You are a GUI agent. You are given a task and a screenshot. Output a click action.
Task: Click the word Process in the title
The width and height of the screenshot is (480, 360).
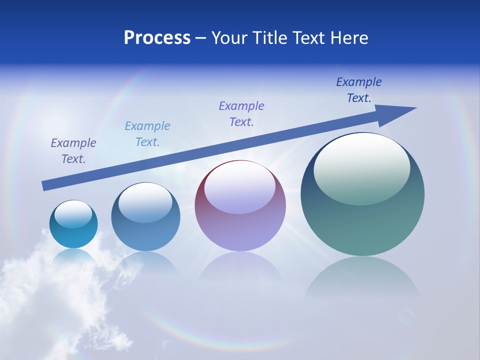(x=157, y=38)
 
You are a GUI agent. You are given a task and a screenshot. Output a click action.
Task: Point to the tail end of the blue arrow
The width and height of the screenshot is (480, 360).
(x=44, y=186)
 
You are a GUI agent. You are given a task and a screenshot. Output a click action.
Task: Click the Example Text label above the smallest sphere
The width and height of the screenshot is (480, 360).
(x=73, y=151)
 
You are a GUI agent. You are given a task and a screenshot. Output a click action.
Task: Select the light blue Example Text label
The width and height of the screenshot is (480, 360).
(x=147, y=134)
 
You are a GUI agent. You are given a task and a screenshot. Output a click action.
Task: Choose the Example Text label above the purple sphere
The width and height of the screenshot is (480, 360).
(x=241, y=114)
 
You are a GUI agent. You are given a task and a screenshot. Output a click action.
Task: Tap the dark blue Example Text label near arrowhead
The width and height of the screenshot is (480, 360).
(x=359, y=90)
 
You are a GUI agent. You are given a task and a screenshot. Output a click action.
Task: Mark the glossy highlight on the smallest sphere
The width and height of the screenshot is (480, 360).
(x=73, y=214)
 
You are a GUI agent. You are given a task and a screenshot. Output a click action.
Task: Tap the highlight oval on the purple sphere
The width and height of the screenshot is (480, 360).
(x=240, y=187)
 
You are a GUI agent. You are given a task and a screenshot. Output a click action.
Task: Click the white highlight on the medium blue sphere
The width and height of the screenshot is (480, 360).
(x=145, y=202)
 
